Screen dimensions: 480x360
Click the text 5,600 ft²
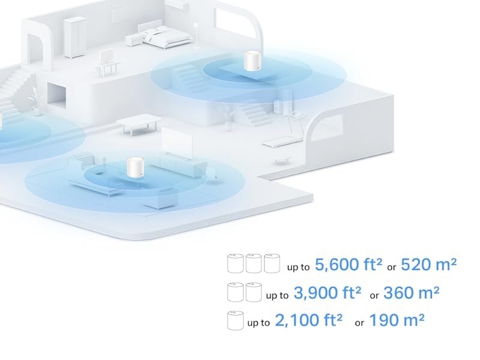[x=340, y=264]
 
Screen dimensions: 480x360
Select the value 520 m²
[x=428, y=264]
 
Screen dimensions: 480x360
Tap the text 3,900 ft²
[x=328, y=293]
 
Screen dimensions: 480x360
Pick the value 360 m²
[x=411, y=293]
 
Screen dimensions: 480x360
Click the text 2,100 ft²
[x=308, y=320]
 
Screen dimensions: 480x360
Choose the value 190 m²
[x=397, y=320]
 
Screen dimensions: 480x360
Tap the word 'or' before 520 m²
[x=391, y=266]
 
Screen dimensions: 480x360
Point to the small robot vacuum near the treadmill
[x=280, y=161]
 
